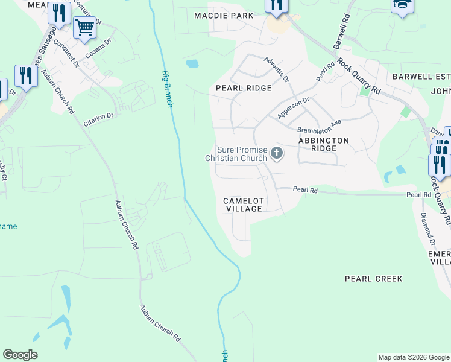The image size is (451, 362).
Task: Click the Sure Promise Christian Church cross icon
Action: pyautogui.click(x=277, y=153)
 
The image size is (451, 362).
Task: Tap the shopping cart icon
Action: pyautogui.click(x=84, y=27)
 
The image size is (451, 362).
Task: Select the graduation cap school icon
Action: pyautogui.click(x=402, y=5)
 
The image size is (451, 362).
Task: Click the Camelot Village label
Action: pyautogui.click(x=244, y=205)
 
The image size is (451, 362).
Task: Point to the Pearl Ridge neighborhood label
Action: pyautogui.click(x=244, y=88)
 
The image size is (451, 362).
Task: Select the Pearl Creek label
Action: pyautogui.click(x=373, y=279)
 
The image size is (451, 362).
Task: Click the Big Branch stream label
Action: pyautogui.click(x=168, y=89)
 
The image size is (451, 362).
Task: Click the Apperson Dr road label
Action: pyautogui.click(x=293, y=108)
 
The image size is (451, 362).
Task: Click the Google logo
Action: pyautogui.click(x=20, y=355)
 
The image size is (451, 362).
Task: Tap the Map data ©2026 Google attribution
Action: pyautogui.click(x=414, y=357)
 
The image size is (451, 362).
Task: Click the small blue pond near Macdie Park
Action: pyautogui.click(x=192, y=63)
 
